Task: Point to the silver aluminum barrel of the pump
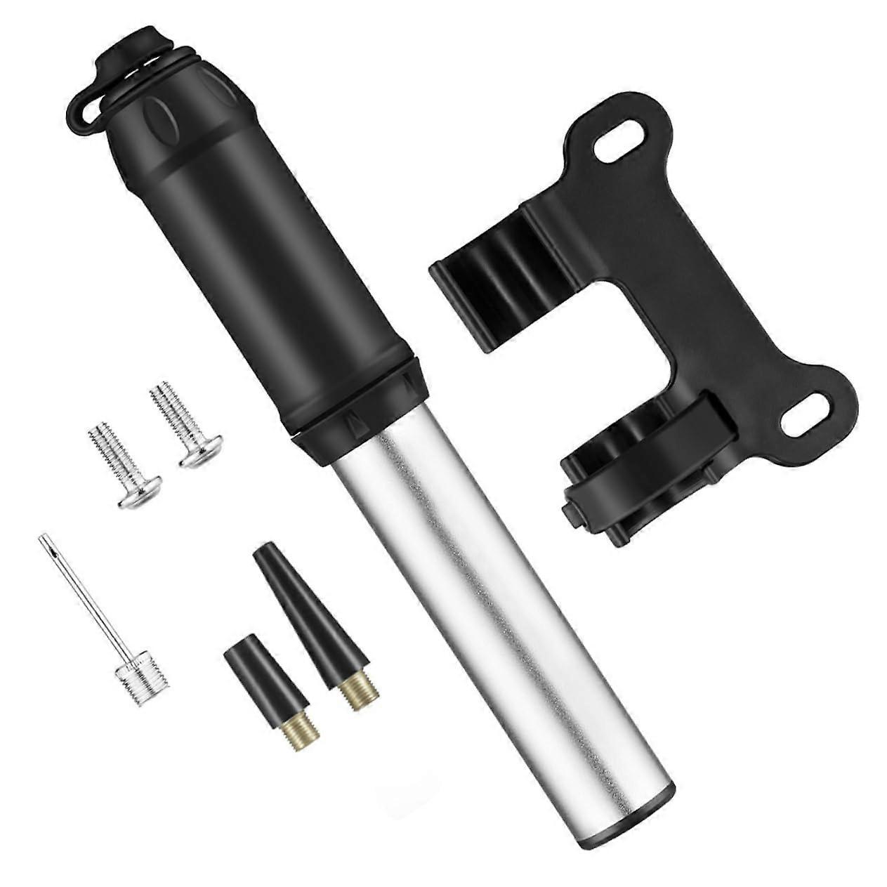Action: (x=492, y=597)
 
